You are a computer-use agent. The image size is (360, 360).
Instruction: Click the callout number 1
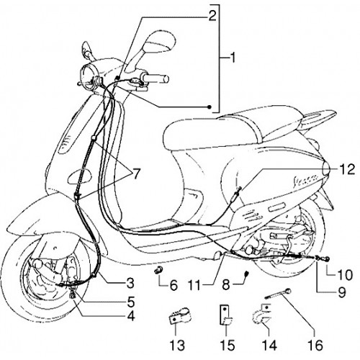click(232, 58)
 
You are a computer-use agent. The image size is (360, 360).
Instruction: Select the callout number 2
click(212, 16)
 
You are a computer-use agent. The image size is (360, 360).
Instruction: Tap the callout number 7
click(136, 174)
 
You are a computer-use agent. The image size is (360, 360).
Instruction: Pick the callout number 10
click(344, 274)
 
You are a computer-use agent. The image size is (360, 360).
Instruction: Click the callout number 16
click(315, 345)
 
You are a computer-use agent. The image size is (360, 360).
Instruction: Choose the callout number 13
click(177, 345)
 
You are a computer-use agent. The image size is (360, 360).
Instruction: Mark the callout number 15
click(227, 345)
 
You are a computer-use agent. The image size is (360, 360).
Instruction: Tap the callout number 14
click(269, 345)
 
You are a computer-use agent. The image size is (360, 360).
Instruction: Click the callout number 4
click(131, 317)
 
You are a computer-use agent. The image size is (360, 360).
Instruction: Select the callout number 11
click(194, 285)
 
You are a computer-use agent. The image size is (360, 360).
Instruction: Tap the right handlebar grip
click(156, 78)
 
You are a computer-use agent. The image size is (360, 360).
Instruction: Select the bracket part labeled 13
click(179, 316)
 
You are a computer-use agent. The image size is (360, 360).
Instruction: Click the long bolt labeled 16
click(279, 294)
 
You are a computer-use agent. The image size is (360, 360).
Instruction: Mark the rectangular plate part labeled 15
click(225, 315)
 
